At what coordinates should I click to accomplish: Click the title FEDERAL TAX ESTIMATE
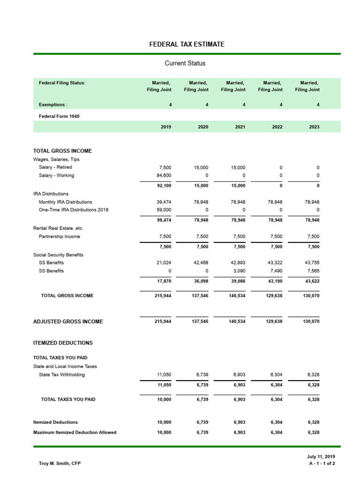[x=187, y=45]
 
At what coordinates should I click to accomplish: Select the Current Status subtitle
[x=185, y=63]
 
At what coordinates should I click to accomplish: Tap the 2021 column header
[x=240, y=127]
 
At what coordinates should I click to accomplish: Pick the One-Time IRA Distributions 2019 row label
[x=73, y=210]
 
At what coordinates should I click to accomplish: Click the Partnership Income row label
[x=59, y=237]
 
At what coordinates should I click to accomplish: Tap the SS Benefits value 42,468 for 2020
[x=201, y=263]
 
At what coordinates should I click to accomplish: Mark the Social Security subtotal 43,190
[x=275, y=281]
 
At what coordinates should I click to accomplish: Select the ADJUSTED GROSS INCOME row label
[x=68, y=322]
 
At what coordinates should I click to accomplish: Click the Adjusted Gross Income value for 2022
[x=275, y=322]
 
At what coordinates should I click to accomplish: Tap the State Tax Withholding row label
[x=62, y=375]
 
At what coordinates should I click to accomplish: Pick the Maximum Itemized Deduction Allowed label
[x=75, y=432]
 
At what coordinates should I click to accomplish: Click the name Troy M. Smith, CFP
[x=60, y=464]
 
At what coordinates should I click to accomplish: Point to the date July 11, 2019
[x=321, y=457]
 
